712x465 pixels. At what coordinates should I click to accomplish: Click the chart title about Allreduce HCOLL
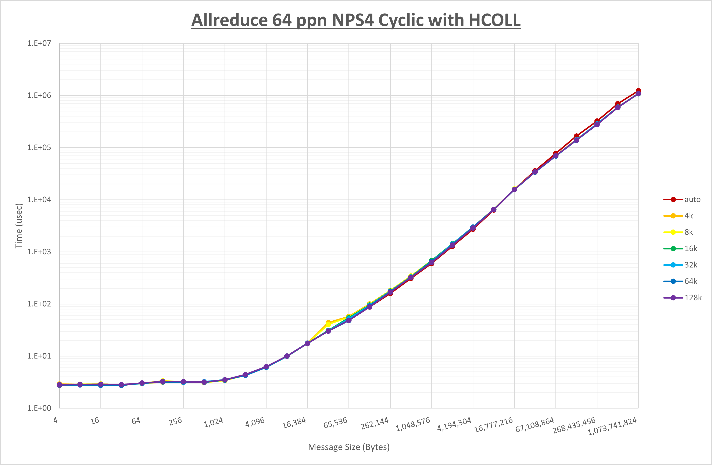click(356, 20)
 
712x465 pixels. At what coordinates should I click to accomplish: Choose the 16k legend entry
click(690, 249)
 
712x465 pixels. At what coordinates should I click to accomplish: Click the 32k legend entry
click(690, 265)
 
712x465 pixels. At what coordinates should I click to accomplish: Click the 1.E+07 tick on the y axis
click(39, 43)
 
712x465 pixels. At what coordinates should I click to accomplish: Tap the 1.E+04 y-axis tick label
click(39, 200)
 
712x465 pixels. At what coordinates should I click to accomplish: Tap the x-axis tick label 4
click(56, 420)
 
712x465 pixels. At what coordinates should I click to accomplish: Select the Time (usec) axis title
click(19, 226)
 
